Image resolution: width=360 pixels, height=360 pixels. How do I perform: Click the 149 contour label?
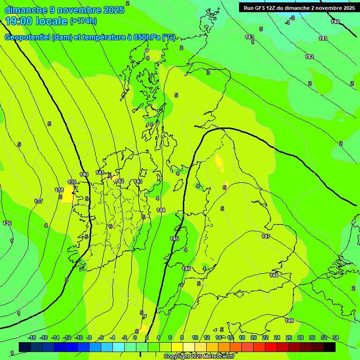[289, 321]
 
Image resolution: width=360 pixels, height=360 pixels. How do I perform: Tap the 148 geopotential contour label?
[274, 275]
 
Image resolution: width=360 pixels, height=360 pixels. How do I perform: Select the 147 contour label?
[266, 236]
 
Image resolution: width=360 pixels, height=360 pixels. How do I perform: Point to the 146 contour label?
[186, 269]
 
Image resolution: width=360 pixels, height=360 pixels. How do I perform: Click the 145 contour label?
[174, 239]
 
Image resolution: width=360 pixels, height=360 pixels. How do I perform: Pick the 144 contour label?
[161, 210]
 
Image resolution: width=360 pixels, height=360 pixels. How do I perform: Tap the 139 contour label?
[72, 182]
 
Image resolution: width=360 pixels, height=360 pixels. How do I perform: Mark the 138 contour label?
[59, 190]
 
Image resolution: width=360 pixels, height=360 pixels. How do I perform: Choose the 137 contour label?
[38, 201]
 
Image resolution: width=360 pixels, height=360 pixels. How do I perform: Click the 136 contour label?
[7, 223]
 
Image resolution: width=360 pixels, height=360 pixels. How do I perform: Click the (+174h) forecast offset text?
[83, 21]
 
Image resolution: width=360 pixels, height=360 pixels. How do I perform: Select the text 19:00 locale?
[36, 21]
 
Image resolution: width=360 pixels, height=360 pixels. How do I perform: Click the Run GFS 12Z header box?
[299, 7]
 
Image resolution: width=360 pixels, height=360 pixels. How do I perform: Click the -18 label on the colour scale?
[31, 337]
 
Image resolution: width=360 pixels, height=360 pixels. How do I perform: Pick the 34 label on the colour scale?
[335, 337]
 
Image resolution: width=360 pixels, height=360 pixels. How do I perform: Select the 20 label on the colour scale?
[254, 337]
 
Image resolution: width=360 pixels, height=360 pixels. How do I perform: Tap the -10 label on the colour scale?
[78, 337]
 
